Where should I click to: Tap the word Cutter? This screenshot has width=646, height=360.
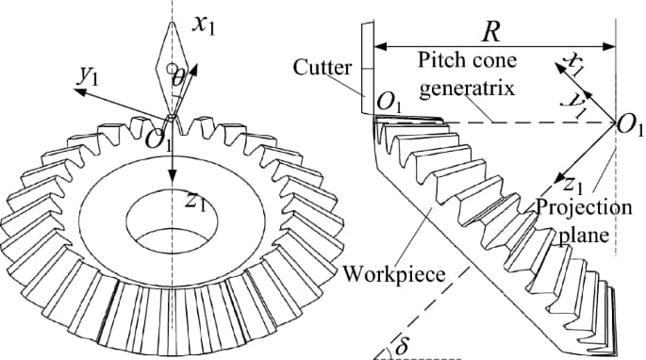coord(323,68)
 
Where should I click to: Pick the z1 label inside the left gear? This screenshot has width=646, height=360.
coord(195,200)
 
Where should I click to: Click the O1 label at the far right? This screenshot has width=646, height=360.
coord(627,127)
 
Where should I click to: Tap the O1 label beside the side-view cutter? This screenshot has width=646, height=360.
coord(388,102)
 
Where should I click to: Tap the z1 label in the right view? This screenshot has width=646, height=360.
coord(571,181)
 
